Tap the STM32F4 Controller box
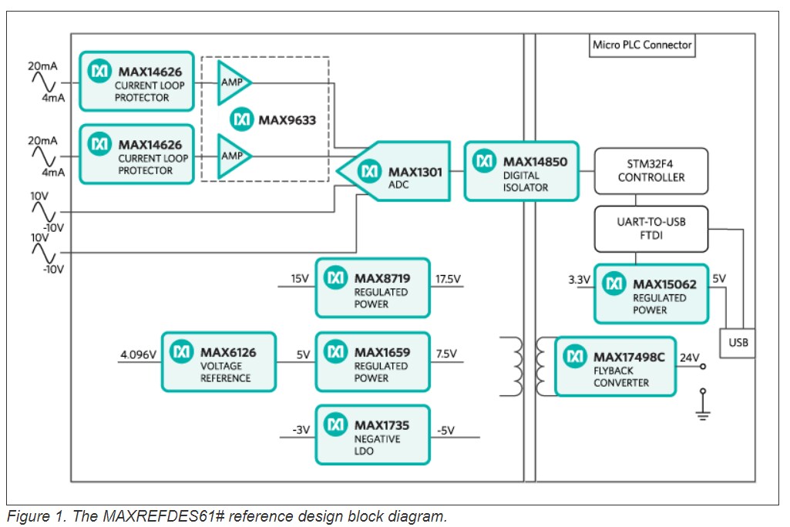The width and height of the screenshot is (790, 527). (x=650, y=170)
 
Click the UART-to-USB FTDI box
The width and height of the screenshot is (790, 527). (x=650, y=228)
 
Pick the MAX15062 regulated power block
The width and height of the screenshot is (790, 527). (x=650, y=294)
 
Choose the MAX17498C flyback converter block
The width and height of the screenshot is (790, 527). (x=615, y=367)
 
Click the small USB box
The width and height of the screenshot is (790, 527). (x=737, y=341)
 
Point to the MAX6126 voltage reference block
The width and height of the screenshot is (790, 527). (x=218, y=361)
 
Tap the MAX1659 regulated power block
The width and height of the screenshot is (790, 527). (x=372, y=362)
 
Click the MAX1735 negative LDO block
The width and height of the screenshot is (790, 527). (x=372, y=435)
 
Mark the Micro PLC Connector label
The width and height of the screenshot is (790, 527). (x=642, y=45)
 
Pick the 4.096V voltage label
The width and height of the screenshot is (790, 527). (x=139, y=354)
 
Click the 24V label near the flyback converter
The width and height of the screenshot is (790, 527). (x=690, y=357)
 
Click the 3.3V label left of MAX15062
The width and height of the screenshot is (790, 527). (x=578, y=278)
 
